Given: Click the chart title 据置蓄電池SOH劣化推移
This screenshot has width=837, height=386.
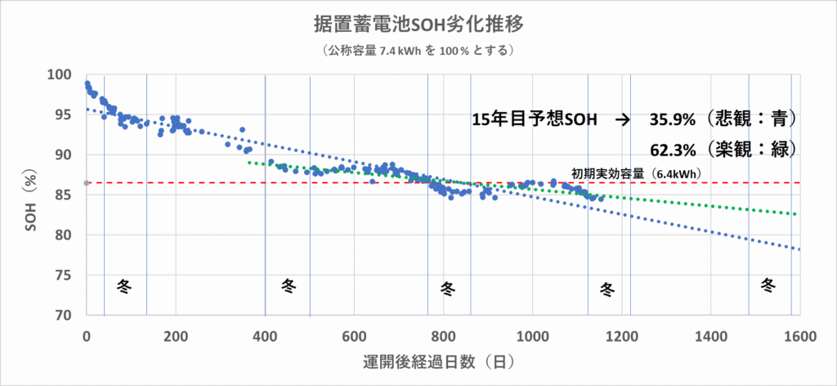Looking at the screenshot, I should [x=418, y=23].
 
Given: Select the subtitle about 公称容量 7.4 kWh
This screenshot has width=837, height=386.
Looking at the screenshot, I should [x=418, y=51].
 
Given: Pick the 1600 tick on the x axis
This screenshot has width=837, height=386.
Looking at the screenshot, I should [x=799, y=335].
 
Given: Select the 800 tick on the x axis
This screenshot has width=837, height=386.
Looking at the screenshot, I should [x=443, y=335].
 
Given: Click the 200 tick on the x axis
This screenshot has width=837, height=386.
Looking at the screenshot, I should [x=176, y=335].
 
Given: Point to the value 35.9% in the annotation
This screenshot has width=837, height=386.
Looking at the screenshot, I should [x=673, y=119].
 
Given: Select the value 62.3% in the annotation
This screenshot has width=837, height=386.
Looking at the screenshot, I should [x=673, y=150].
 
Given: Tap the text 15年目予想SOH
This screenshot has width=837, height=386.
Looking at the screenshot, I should [x=535, y=119].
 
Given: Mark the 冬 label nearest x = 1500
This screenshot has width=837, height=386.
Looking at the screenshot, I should [x=768, y=285].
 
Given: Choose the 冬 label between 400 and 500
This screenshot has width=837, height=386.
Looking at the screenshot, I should [x=289, y=285].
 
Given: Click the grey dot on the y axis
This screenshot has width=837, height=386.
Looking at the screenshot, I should [x=87, y=182].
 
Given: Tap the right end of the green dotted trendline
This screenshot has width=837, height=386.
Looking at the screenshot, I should [x=796, y=214].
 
